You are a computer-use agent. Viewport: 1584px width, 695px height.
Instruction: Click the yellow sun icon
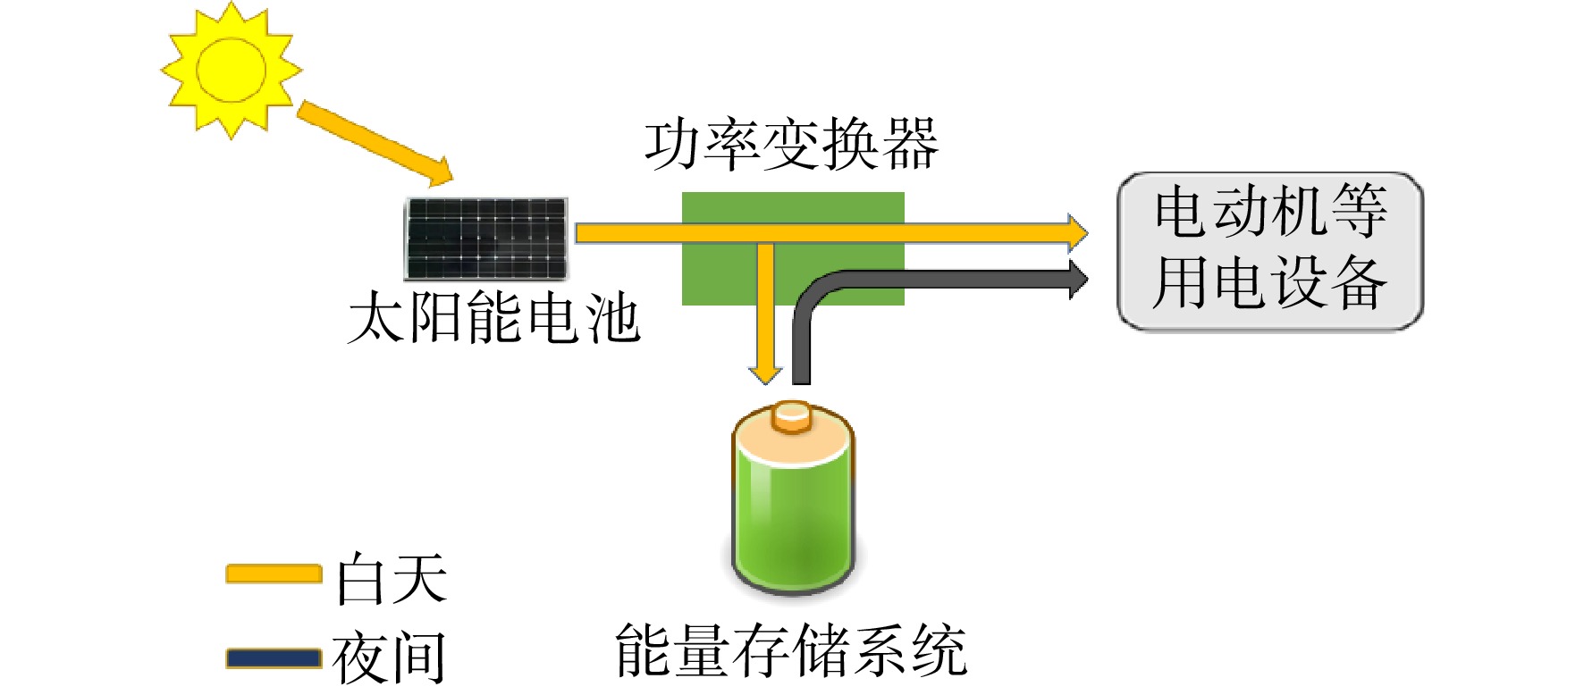(x=232, y=70)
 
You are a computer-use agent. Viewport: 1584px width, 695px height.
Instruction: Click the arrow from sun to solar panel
(x=375, y=143)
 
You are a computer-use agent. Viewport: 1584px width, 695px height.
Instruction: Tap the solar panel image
(x=486, y=239)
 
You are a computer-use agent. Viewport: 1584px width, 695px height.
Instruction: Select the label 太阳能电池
(x=494, y=317)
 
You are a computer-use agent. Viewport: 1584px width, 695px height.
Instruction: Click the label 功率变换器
(x=792, y=145)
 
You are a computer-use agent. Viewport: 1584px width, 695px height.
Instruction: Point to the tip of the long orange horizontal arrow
(x=1088, y=233)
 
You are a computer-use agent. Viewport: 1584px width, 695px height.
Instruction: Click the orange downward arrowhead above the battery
(x=765, y=373)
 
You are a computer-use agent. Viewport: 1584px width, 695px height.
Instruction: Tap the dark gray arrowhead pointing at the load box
(x=1079, y=279)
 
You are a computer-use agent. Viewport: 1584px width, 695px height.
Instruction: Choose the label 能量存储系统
(x=791, y=649)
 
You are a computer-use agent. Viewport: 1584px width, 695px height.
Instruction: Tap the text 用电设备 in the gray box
(x=1270, y=282)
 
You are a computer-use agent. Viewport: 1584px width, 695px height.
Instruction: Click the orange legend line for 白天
(x=274, y=574)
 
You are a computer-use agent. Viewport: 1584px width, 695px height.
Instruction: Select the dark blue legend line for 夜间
(x=274, y=658)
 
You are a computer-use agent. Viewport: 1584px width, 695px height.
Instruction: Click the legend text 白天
(x=392, y=578)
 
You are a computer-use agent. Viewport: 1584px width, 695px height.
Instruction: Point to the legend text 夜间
(x=390, y=657)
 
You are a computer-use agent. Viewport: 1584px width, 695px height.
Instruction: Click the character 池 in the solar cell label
(x=612, y=317)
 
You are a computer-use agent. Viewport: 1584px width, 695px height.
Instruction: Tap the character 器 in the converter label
(x=911, y=145)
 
